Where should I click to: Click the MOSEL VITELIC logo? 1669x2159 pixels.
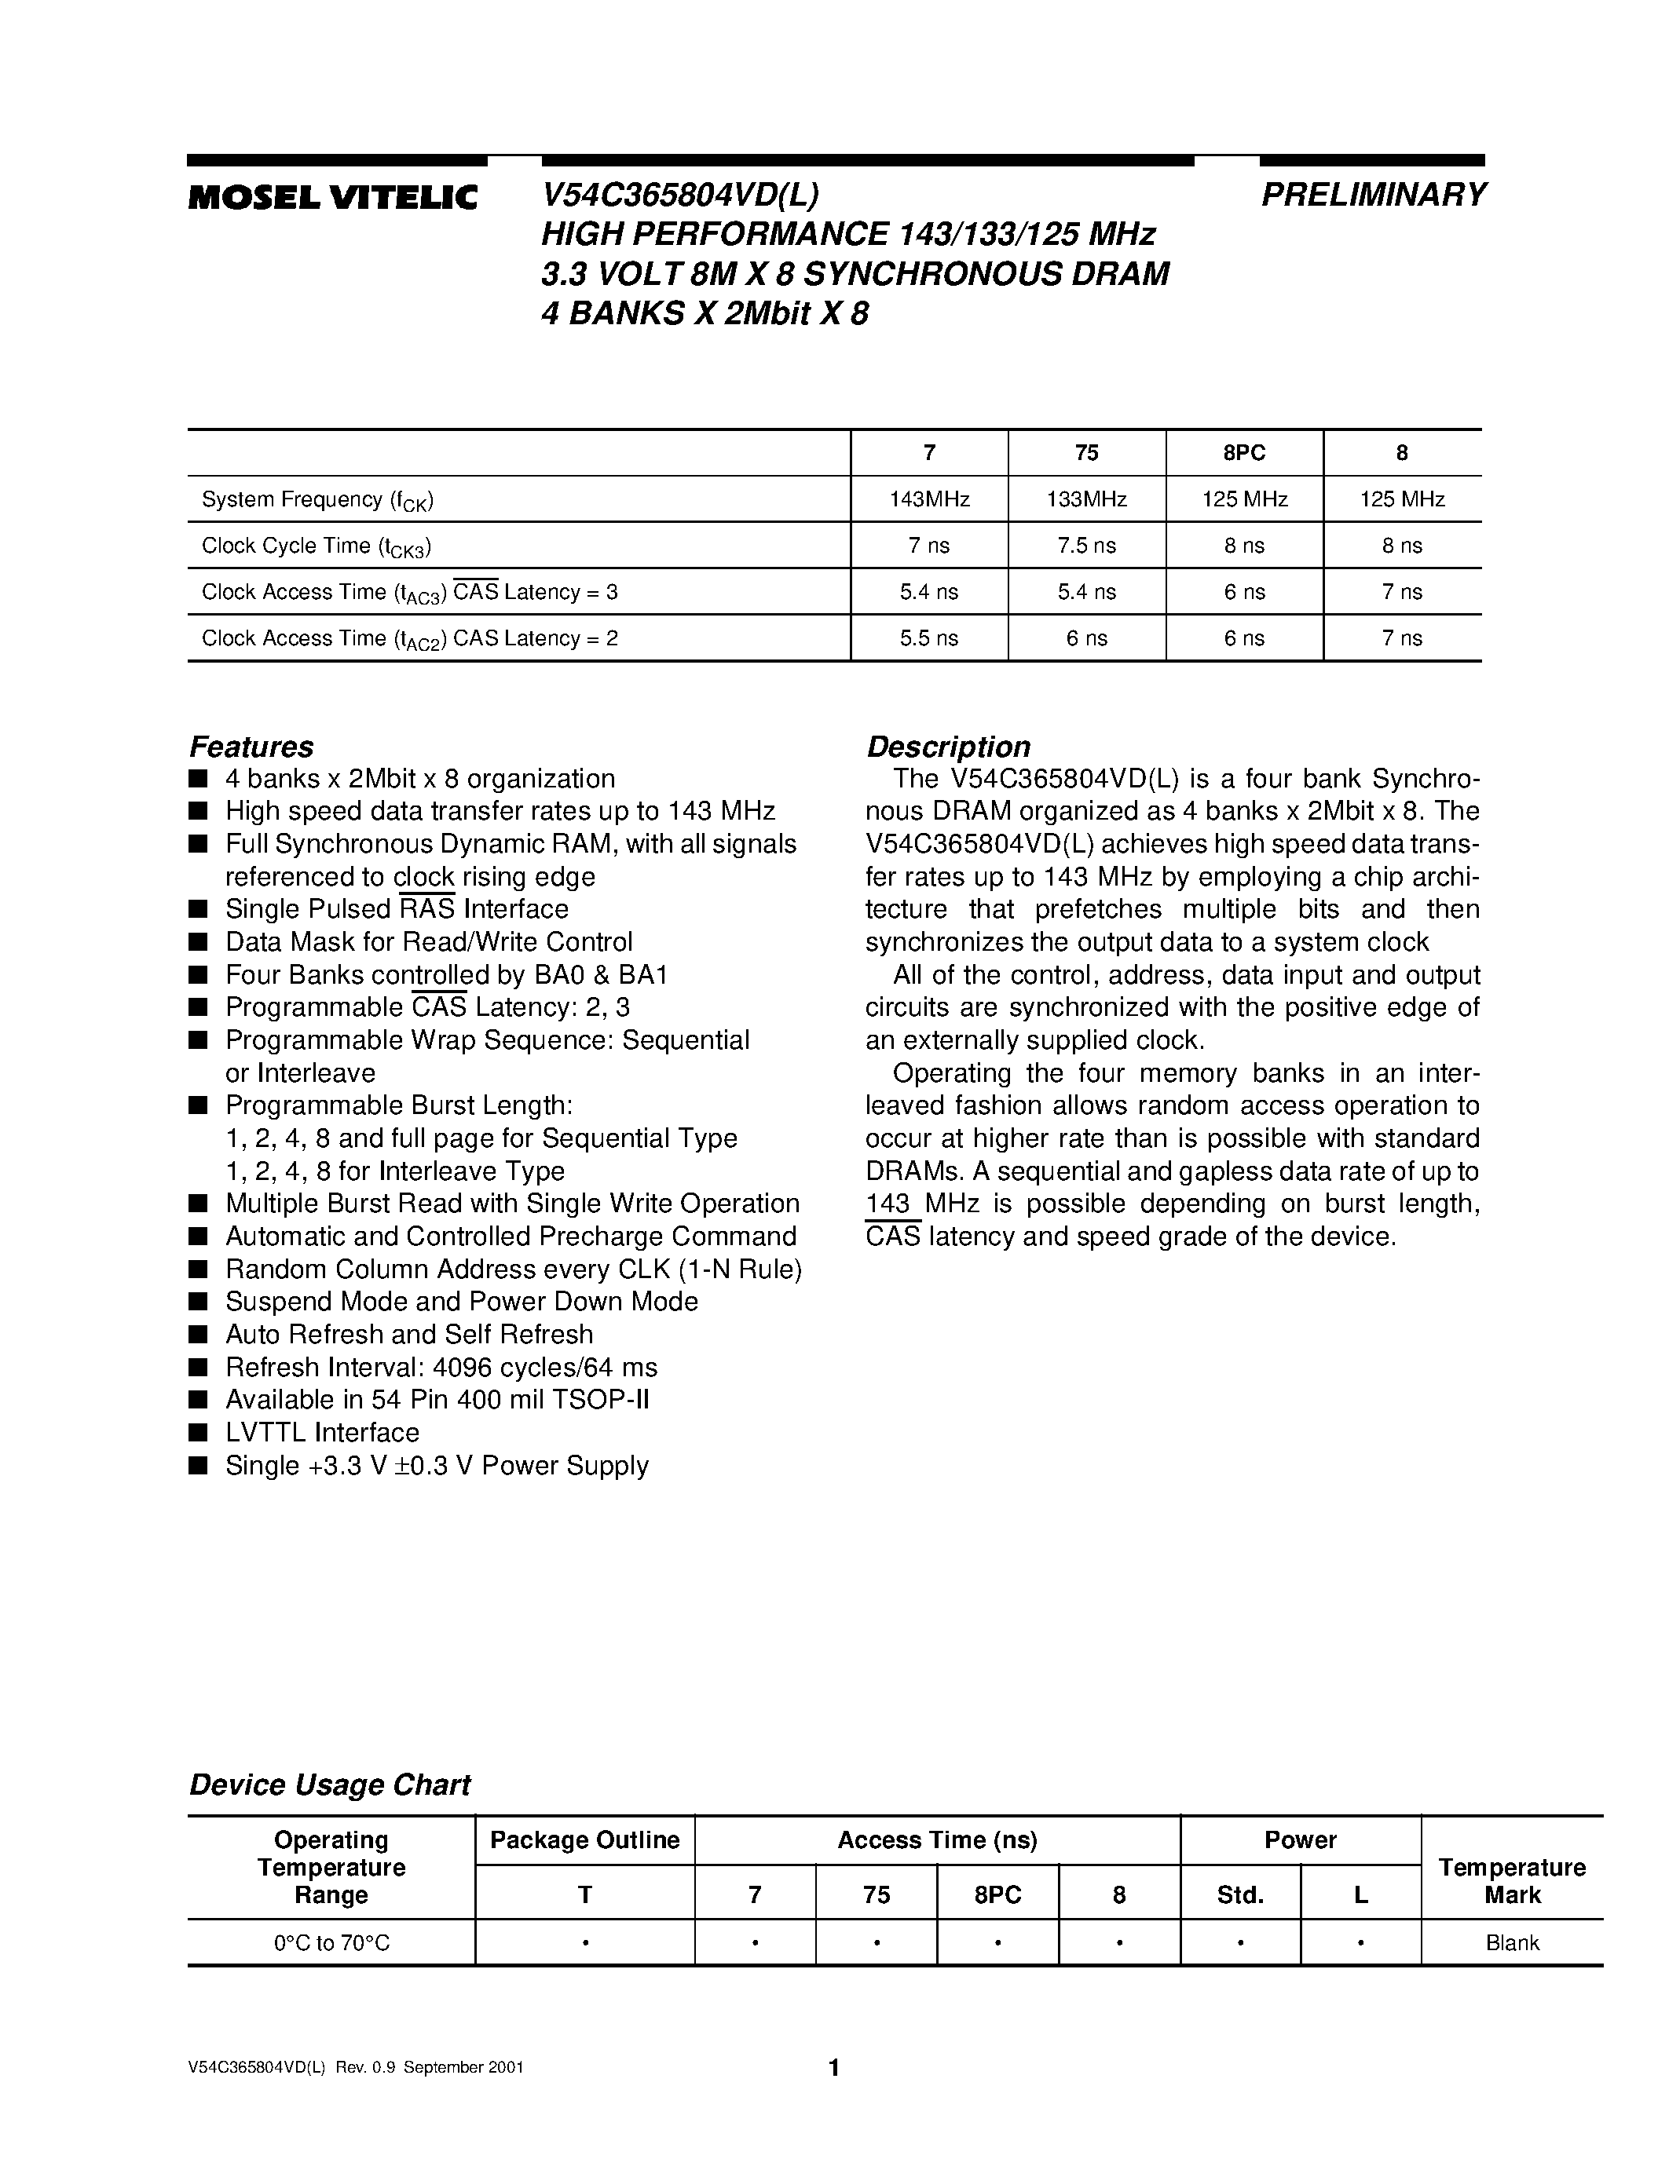click(332, 198)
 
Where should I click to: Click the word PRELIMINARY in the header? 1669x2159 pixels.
click(1374, 195)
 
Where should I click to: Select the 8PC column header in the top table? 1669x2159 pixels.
click(1244, 453)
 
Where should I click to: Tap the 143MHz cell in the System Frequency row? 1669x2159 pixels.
click(929, 499)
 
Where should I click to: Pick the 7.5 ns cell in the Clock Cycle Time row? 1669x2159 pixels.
click(1087, 546)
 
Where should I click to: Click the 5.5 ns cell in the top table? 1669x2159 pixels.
click(928, 638)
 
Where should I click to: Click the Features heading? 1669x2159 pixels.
click(251, 747)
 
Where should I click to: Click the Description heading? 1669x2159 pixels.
click(948, 747)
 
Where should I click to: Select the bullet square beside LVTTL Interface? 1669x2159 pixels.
click(199, 1434)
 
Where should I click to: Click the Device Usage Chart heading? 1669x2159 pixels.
click(329, 1785)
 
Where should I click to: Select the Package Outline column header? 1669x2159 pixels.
click(584, 1839)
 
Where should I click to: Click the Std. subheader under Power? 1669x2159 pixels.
click(1240, 1895)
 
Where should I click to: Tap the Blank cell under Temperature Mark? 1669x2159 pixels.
click(1512, 1944)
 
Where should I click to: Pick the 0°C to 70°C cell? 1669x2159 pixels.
click(331, 1944)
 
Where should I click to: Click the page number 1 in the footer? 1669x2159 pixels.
click(833, 2067)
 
